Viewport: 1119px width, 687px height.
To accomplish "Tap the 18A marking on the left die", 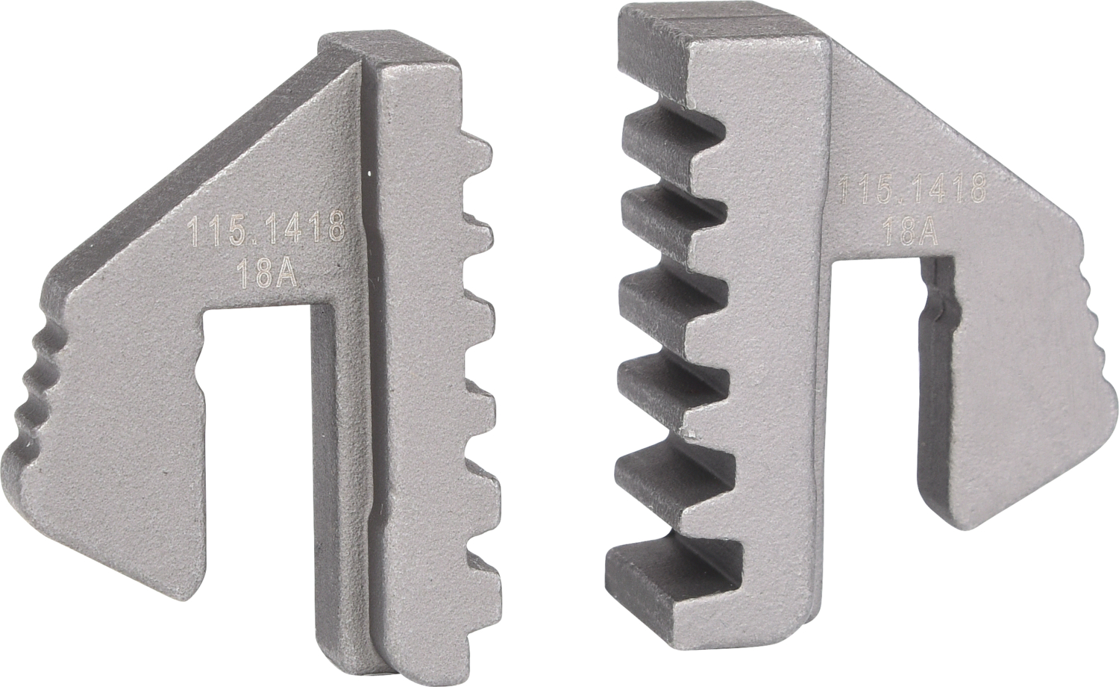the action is click(x=266, y=275).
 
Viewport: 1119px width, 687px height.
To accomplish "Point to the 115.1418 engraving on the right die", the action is click(x=912, y=189).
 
